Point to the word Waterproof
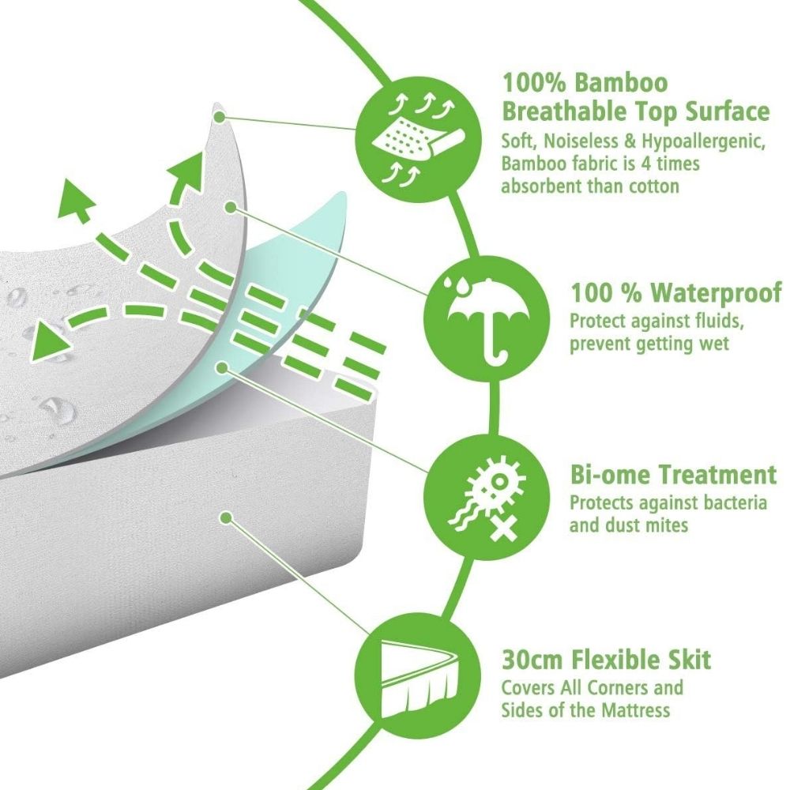[716, 293]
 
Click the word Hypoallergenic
[703, 142]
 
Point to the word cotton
[654, 186]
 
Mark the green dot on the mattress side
[226, 517]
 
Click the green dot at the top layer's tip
[219, 118]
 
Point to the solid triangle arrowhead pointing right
[49, 342]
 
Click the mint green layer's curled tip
[343, 197]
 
